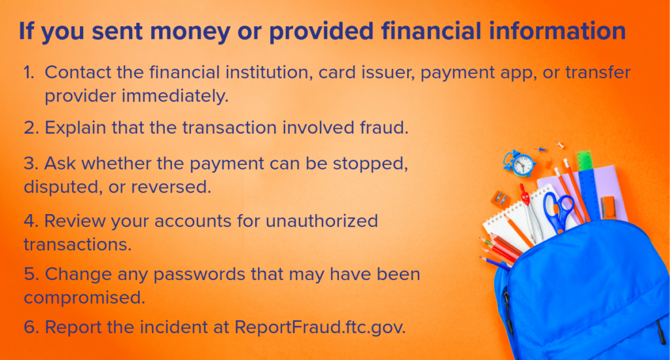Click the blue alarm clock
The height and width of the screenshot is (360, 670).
[x=519, y=164]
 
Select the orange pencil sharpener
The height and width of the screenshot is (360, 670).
[x=501, y=198]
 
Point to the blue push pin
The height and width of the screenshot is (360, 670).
[x=540, y=149]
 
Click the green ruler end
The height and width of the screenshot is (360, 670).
[x=584, y=161]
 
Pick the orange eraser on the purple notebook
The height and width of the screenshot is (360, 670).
[x=608, y=207]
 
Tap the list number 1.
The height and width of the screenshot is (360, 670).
[x=29, y=72]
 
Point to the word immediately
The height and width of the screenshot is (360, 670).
[x=175, y=96]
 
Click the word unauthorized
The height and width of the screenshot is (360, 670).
[x=322, y=221]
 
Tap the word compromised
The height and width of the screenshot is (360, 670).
[x=84, y=298]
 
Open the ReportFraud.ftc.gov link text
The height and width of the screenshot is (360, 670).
[x=320, y=327]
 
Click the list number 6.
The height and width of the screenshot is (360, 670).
[x=31, y=327]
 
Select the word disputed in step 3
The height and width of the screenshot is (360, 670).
[x=63, y=187]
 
